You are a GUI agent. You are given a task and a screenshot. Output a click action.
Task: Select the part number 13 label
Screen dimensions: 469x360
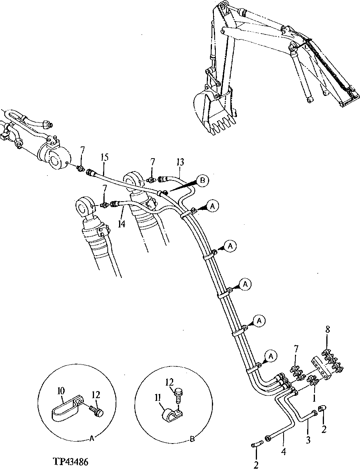(x=180, y=162)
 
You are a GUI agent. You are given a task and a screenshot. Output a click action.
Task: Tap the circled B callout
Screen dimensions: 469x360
(x=203, y=180)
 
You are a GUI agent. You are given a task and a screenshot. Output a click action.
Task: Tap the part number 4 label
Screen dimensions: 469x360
(x=283, y=451)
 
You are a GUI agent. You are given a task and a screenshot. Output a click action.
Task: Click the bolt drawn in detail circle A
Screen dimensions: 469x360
(x=96, y=410)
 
